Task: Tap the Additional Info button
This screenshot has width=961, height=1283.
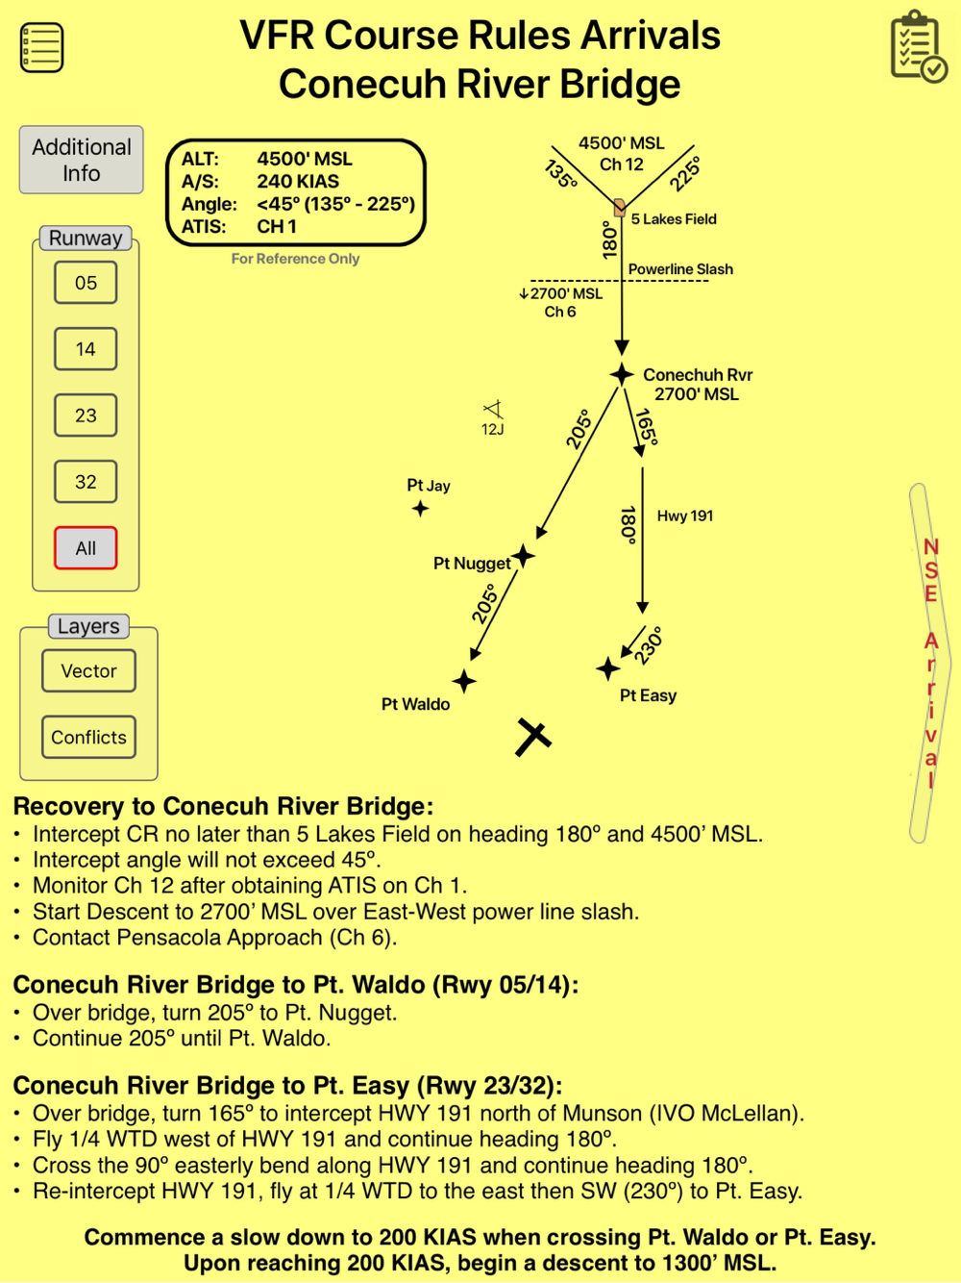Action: pos(82,160)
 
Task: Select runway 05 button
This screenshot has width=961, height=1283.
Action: pos(86,283)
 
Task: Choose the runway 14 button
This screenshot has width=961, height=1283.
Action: pos(86,349)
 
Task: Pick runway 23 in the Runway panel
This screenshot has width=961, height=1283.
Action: pos(86,415)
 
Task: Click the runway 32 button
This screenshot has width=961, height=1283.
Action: pos(86,482)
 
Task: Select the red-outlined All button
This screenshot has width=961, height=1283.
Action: pos(86,548)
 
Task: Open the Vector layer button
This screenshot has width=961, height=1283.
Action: pos(88,671)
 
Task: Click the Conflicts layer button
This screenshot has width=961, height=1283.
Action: pos(88,738)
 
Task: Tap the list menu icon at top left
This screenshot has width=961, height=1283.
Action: pos(41,47)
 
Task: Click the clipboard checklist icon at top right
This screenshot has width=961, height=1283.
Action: pos(918,46)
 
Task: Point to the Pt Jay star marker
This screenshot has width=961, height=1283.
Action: pos(420,509)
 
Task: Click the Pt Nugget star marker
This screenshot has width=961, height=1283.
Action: pos(523,555)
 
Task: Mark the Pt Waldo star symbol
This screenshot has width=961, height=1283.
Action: pos(464,681)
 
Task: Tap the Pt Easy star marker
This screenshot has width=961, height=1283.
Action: pos(607,667)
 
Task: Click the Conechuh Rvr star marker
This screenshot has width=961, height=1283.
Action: pos(622,374)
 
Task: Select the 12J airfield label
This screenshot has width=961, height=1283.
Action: pos(492,430)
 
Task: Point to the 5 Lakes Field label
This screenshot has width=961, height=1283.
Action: pos(674,219)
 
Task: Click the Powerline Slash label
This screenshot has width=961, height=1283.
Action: pos(680,269)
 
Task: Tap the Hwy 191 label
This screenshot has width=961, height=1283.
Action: pos(684,516)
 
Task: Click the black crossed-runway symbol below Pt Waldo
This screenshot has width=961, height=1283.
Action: pos(532,737)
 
